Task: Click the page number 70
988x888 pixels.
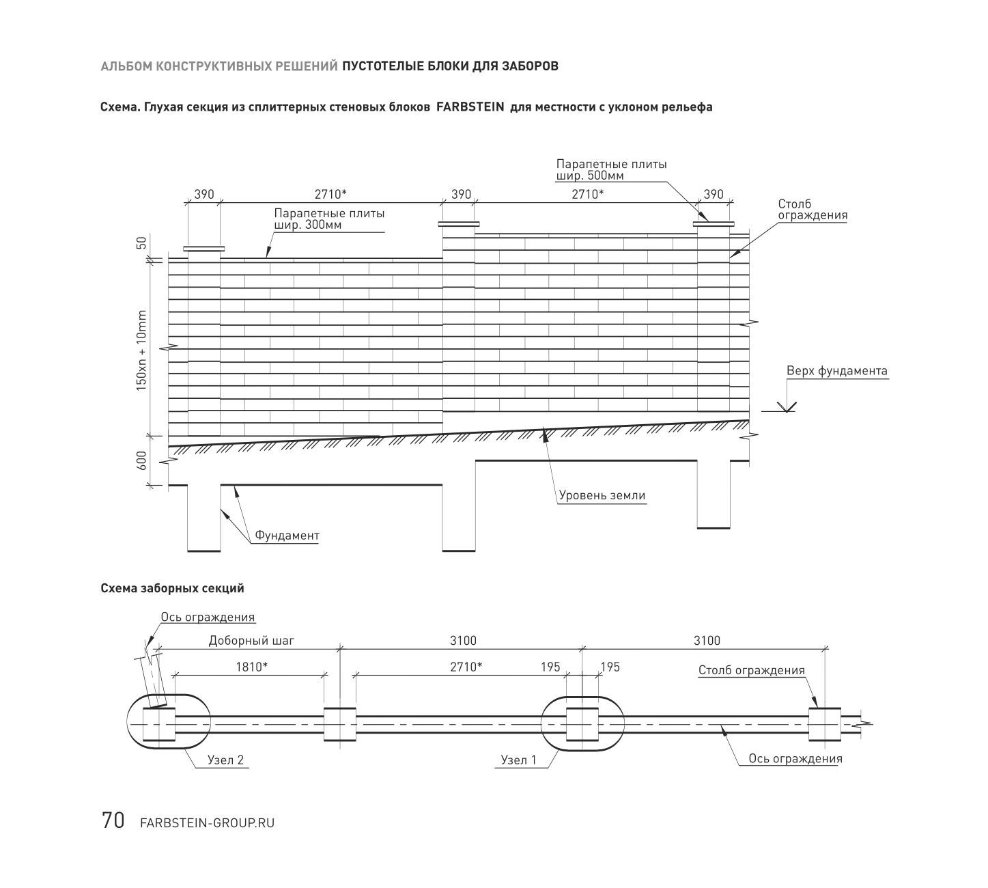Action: point(113,820)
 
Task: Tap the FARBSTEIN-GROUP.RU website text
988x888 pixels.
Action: point(208,823)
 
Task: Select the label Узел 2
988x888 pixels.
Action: point(225,760)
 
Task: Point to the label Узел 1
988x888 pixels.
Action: point(518,760)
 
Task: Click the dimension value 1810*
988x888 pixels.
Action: point(252,667)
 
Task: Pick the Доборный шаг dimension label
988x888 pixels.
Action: point(252,641)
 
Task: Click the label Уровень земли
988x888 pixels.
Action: point(602,495)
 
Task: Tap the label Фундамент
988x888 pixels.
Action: point(287,536)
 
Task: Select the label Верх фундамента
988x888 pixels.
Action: point(837,371)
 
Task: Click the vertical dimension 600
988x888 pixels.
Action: point(141,460)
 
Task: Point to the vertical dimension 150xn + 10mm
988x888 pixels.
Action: point(141,350)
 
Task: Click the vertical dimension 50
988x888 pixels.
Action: point(141,242)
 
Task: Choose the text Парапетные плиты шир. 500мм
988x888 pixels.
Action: point(612,169)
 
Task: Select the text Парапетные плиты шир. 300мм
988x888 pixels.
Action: point(329,219)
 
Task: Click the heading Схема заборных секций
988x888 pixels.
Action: point(172,588)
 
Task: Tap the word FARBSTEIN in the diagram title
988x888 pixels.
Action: point(470,107)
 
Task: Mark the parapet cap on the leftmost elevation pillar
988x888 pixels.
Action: point(204,249)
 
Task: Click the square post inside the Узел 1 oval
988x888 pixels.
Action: point(582,724)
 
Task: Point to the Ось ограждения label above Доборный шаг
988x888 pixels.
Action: point(208,617)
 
